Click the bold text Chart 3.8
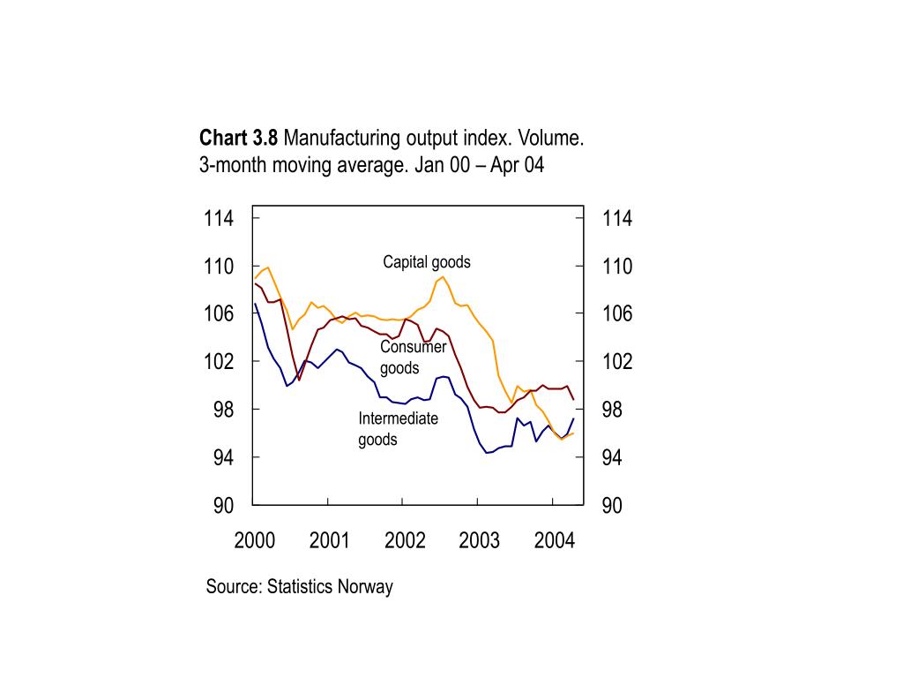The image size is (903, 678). click(238, 139)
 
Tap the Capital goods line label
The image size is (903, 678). click(426, 262)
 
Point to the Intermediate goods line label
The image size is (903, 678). click(398, 429)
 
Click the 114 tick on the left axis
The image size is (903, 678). click(219, 219)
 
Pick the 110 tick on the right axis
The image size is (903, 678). click(617, 267)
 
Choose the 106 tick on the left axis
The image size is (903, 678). click(219, 314)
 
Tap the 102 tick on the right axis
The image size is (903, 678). click(617, 362)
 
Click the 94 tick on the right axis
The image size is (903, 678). click(617, 458)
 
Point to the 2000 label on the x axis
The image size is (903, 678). click(255, 540)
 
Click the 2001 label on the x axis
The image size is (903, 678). click(330, 540)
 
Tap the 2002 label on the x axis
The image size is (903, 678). click(405, 540)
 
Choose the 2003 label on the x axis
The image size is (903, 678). click(479, 540)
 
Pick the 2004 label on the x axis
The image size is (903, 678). click(554, 540)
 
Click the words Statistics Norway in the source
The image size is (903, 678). click(330, 586)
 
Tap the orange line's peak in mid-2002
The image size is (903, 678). click(444, 277)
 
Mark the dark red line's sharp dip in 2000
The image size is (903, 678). click(299, 380)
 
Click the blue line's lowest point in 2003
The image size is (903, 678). click(487, 453)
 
